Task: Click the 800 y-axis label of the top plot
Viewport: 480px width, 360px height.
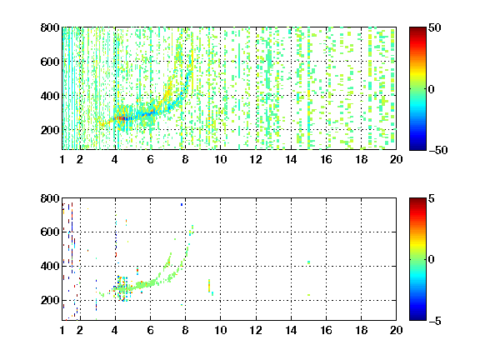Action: [50, 27]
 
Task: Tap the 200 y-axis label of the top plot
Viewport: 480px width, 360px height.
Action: [50, 130]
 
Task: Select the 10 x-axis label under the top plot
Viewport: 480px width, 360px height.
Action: [220, 159]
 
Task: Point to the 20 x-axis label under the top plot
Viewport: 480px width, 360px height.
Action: [396, 159]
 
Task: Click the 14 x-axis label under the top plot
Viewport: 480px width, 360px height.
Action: [291, 159]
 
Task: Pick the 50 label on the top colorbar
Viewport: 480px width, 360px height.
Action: [435, 28]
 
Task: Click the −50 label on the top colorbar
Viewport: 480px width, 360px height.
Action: [438, 150]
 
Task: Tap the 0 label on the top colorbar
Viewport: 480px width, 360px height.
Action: [432, 89]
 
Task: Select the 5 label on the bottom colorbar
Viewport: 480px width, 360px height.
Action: [432, 198]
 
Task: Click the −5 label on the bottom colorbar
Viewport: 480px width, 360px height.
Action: [435, 321]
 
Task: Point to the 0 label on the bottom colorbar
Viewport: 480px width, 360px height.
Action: [432, 260]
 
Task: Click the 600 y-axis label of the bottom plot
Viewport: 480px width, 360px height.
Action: [50, 232]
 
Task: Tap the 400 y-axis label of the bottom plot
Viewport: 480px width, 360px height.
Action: [50, 266]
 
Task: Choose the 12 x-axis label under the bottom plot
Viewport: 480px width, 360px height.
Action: [256, 330]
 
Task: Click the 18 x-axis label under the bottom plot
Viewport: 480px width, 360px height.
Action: [361, 330]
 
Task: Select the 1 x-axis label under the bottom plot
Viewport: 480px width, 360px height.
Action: [62, 330]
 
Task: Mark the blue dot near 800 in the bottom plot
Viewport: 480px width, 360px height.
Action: [182, 204]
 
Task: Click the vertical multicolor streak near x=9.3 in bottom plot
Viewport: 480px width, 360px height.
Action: [209, 286]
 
